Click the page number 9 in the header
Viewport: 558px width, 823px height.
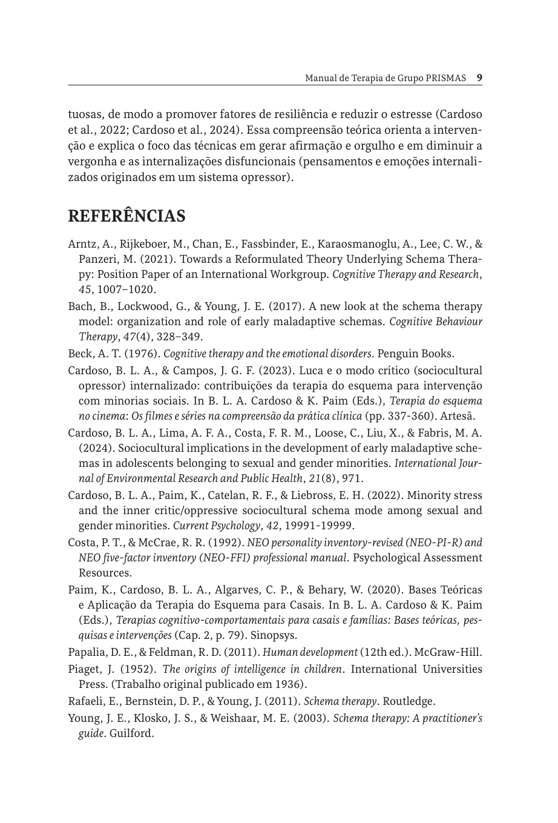[x=479, y=78]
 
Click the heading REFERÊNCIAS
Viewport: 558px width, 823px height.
[x=126, y=216]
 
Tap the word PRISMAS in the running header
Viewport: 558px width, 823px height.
[x=445, y=78]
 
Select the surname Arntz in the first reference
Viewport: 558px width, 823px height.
[x=80, y=245]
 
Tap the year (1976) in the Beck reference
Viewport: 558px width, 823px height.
[x=142, y=354]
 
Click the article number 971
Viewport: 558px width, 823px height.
[x=351, y=478]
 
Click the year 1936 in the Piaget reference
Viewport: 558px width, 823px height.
[x=289, y=684]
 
